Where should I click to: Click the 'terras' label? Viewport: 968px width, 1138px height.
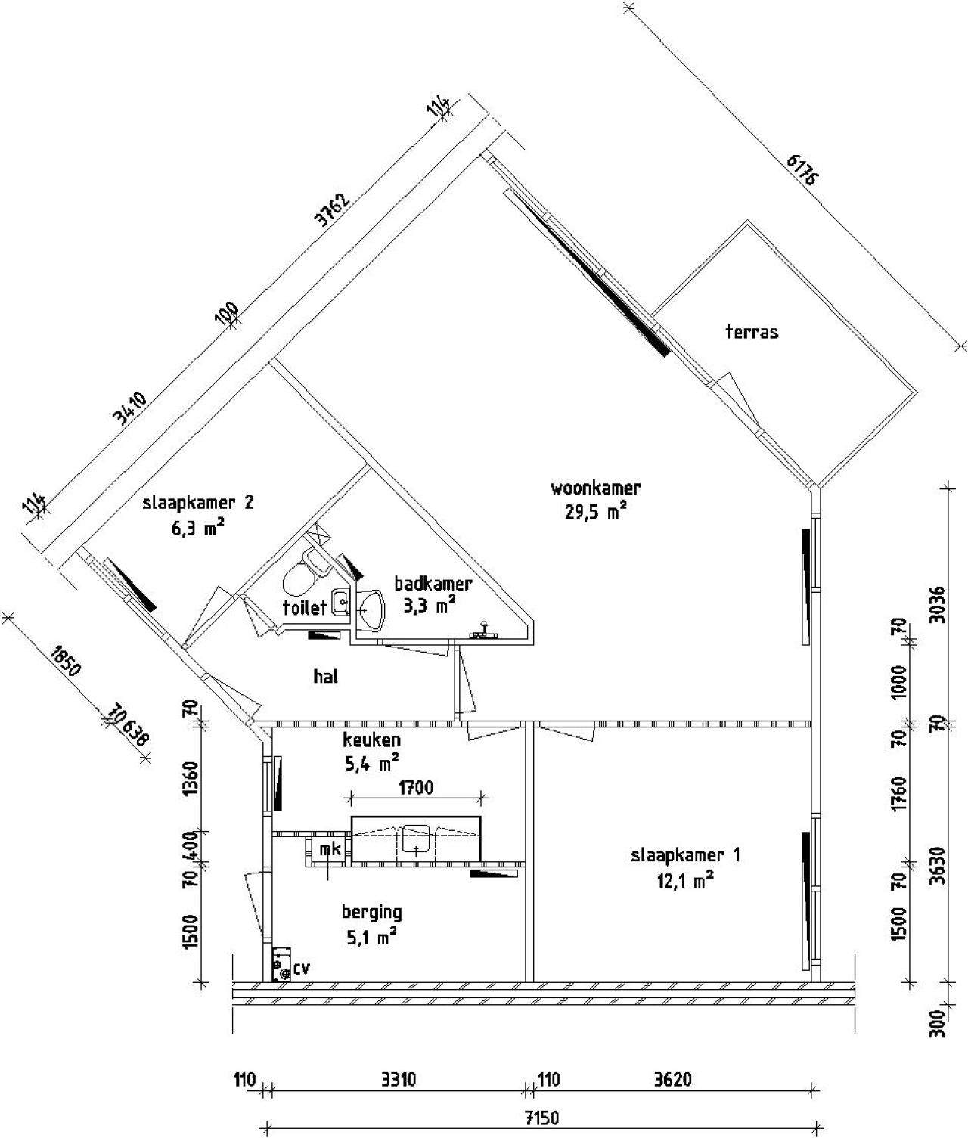[x=751, y=331]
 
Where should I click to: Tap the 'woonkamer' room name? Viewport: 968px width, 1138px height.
[x=596, y=487]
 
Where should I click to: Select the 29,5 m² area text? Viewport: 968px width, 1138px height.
[x=596, y=511]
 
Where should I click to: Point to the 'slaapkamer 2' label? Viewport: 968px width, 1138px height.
[x=199, y=502]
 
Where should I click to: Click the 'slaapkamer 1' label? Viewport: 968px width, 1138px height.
[x=685, y=855]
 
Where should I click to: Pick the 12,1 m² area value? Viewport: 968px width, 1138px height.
[x=685, y=880]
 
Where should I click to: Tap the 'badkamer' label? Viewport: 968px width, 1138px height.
[x=433, y=583]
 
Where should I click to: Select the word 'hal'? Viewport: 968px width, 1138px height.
[x=325, y=676]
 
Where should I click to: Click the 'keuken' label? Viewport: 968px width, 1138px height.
[x=371, y=740]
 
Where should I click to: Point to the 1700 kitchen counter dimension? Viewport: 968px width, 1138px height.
[x=415, y=787]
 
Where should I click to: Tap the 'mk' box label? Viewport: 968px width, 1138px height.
[x=330, y=849]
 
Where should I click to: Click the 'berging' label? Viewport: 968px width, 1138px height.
[x=371, y=911]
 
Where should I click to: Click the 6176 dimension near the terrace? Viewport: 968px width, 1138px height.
[x=803, y=170]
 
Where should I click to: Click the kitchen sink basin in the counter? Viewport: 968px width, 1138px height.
[x=415, y=839]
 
